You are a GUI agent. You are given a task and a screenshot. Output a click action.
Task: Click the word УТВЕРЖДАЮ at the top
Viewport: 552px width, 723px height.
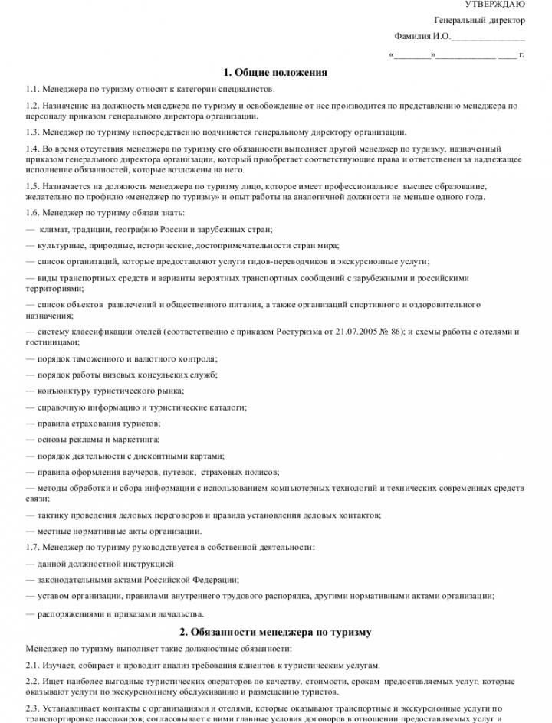click(x=495, y=5)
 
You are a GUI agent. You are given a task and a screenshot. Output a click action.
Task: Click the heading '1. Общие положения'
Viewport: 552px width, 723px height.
click(x=275, y=73)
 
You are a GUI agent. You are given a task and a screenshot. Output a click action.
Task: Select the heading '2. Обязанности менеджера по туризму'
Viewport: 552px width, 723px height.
click(x=275, y=632)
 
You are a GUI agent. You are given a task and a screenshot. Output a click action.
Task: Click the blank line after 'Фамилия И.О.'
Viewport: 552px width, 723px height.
click(x=488, y=36)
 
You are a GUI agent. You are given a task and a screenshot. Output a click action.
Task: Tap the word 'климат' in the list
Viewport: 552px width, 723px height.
click(x=51, y=229)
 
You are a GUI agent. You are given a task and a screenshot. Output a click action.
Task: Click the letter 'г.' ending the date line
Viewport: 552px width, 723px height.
click(x=521, y=55)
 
